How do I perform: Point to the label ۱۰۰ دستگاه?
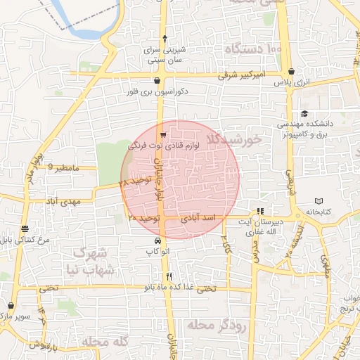[x=254, y=49]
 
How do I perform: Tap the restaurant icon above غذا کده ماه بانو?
[x=169, y=276]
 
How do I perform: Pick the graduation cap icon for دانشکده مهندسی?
[x=304, y=114]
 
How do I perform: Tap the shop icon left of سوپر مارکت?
[x=11, y=306]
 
